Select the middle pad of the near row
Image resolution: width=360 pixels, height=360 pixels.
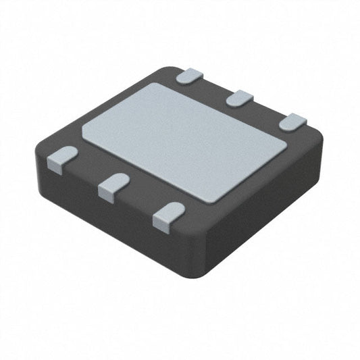click(114, 186)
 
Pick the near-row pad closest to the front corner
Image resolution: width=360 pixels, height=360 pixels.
click(169, 215)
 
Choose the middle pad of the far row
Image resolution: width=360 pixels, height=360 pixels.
click(240, 99)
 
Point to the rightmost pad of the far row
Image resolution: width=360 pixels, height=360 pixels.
click(292, 123)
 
